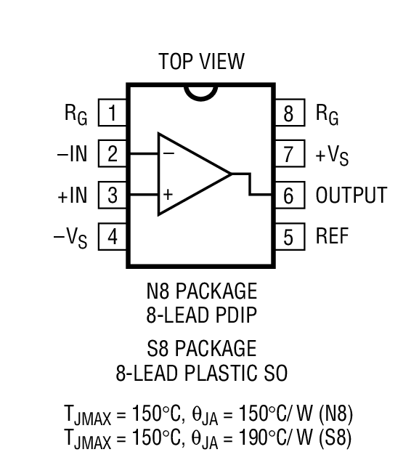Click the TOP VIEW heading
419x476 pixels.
coord(201,61)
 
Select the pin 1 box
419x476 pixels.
coord(113,113)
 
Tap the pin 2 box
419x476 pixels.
coord(113,154)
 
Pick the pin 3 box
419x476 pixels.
coord(113,195)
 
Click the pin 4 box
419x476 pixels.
coord(113,237)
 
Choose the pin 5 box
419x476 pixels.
coord(289,237)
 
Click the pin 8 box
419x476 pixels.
coord(289,113)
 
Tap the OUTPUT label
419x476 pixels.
coord(351,195)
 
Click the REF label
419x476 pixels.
coord(333,237)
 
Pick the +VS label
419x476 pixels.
coord(332,156)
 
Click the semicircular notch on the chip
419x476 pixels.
coord(201,92)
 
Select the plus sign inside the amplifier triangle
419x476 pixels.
coord(168,195)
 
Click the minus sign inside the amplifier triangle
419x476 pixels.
coord(168,153)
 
